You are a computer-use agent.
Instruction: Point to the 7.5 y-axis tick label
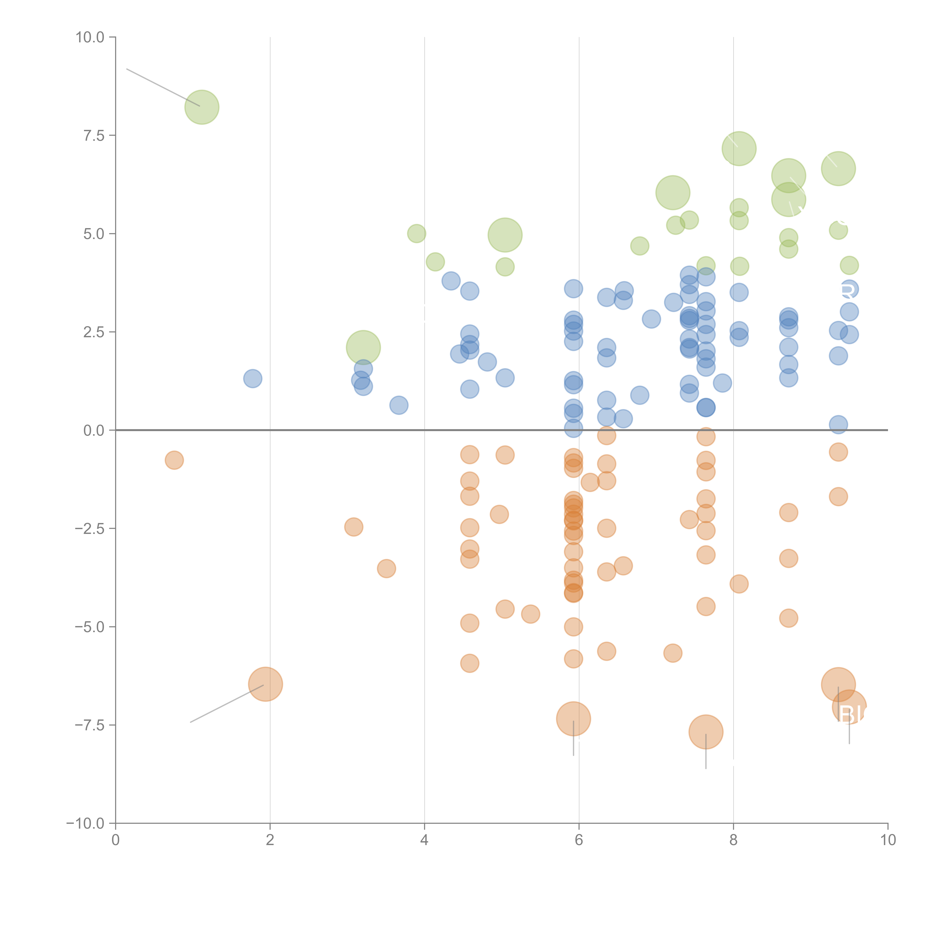click(94, 135)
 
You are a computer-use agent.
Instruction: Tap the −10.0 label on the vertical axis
click(85, 823)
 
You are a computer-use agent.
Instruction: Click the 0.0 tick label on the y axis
click(94, 430)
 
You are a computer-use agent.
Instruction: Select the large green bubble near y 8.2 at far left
click(202, 107)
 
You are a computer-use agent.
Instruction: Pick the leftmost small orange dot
click(174, 460)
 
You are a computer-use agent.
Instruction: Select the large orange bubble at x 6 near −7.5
click(573, 719)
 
